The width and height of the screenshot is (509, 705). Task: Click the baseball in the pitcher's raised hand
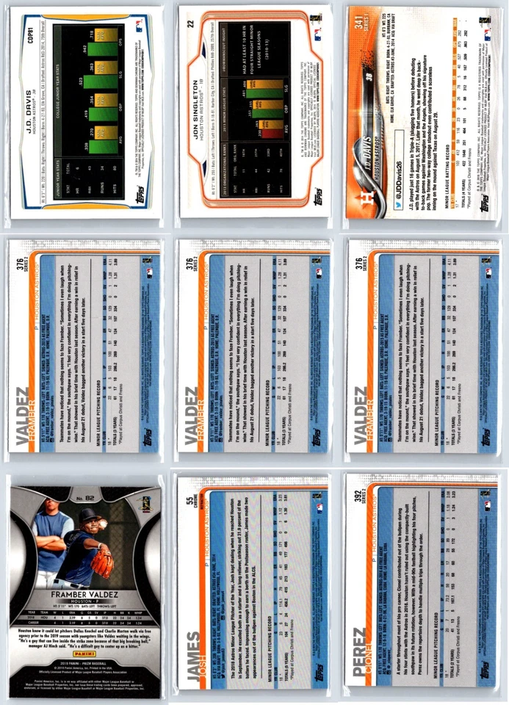[x=104, y=522]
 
